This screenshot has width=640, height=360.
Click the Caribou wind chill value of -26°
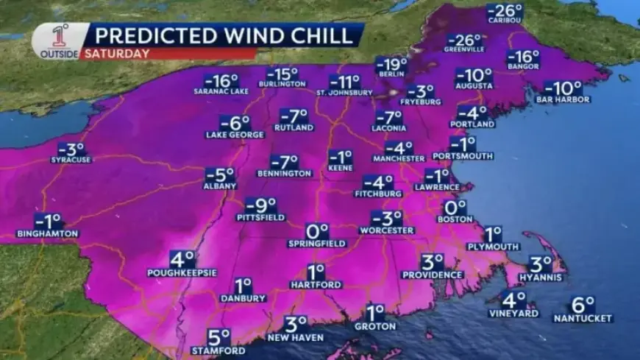click(504, 10)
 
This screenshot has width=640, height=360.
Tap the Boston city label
click(454, 219)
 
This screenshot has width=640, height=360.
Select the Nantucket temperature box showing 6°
click(582, 304)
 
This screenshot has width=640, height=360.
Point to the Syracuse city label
click(71, 159)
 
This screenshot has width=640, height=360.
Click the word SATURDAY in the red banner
click(116, 53)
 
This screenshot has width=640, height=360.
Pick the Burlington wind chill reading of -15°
click(282, 74)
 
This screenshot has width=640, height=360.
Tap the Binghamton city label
click(47, 233)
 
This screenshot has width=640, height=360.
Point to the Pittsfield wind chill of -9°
click(260, 205)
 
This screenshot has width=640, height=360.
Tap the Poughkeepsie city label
click(182, 272)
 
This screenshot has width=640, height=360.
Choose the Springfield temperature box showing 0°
click(318, 230)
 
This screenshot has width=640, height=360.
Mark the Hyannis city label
click(541, 278)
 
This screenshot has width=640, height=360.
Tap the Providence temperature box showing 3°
click(432, 262)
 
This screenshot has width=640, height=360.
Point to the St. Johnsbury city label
click(343, 93)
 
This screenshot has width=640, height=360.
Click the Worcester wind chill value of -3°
click(386, 219)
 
